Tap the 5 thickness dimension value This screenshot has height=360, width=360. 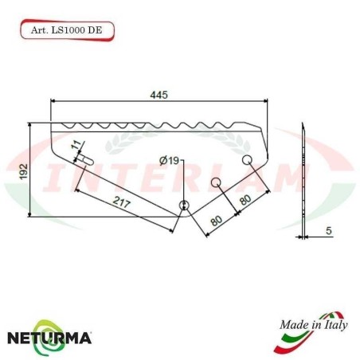coord(328,232)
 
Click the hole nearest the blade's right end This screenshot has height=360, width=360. coord(248,162)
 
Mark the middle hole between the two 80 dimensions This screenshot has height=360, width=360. coord(216,183)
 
